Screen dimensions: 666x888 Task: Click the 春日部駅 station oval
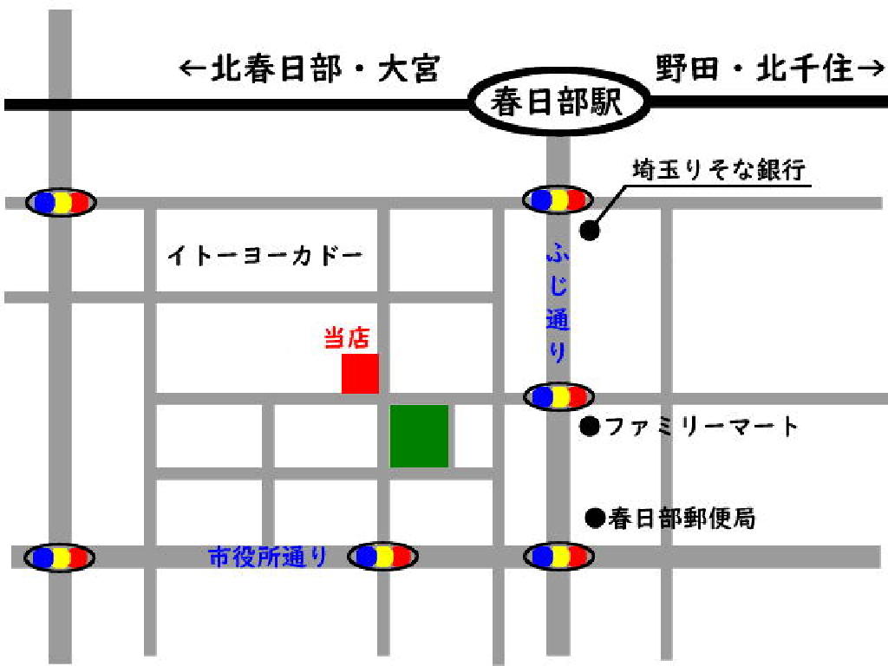[558, 102]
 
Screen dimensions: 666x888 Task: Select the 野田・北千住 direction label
[754, 69]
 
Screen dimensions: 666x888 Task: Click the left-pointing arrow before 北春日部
[193, 69]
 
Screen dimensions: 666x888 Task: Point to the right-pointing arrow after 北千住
[868, 69]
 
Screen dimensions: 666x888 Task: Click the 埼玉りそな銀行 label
[720, 168]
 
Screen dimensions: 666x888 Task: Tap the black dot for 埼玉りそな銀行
[590, 231]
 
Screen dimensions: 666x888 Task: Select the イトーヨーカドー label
[264, 257]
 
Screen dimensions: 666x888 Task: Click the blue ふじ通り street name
[558, 304]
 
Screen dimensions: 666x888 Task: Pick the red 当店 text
[347, 337]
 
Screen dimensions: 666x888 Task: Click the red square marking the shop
[360, 374]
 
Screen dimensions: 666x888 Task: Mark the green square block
[419, 435]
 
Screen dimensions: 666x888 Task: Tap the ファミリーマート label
[701, 427]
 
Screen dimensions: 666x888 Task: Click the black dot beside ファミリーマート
[590, 427]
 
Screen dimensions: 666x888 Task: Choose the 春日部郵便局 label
[681, 519]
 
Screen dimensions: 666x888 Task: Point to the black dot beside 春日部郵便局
[594, 519]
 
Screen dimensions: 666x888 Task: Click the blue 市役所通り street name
[268, 556]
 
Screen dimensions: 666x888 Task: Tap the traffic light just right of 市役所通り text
[383, 556]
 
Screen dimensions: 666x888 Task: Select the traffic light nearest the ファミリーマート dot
[559, 397]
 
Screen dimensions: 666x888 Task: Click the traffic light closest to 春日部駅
[559, 200]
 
